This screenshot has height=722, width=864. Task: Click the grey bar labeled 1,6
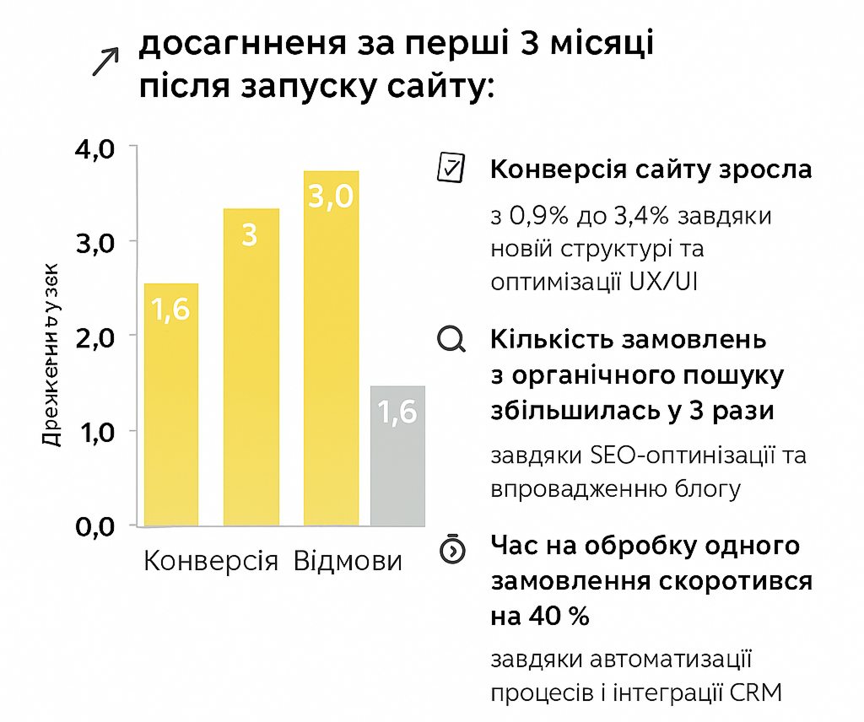pyautogui.click(x=397, y=455)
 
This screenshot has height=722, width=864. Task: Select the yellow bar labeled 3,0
pyautogui.click(x=331, y=348)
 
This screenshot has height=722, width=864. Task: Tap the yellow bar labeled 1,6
pyautogui.click(x=171, y=405)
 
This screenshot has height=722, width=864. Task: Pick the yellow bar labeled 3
pyautogui.click(x=251, y=367)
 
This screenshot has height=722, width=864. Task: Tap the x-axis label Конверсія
pyautogui.click(x=211, y=561)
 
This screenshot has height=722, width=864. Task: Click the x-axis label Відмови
pyautogui.click(x=348, y=561)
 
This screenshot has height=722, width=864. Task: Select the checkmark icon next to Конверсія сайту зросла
pyautogui.click(x=449, y=167)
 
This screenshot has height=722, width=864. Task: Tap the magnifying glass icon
pyautogui.click(x=451, y=339)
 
